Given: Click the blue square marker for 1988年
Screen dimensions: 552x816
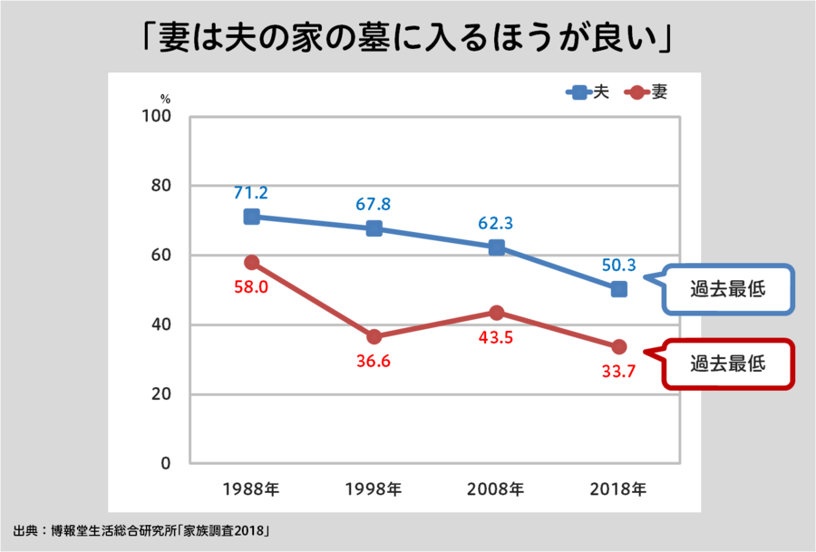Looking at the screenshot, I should point(252,217).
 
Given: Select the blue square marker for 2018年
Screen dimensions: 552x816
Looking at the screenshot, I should point(618,289).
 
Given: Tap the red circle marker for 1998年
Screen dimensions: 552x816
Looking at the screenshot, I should point(374,337).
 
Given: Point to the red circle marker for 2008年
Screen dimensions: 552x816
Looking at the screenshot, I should point(497,313).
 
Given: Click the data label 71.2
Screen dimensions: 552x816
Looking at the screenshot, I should point(251,193).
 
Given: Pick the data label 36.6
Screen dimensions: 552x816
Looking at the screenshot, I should point(374,361).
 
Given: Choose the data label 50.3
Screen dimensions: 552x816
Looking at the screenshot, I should point(617,266).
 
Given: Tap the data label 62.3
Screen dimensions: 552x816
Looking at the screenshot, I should point(496,223).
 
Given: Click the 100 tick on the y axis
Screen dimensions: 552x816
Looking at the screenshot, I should point(157,117).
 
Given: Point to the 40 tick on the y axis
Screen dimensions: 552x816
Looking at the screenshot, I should point(161,325).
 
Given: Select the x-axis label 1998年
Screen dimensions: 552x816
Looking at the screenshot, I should point(374,489).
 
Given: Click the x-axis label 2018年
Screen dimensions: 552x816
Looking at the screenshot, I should point(617,489).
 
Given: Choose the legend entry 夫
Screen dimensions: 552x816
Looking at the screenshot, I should point(588,92).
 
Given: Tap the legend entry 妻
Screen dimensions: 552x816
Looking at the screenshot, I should point(647,92).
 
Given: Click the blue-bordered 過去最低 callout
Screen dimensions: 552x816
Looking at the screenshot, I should point(727,290).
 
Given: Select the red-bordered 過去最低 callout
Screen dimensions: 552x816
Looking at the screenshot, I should point(727,363).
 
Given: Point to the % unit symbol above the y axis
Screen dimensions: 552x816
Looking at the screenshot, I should point(165,98).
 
